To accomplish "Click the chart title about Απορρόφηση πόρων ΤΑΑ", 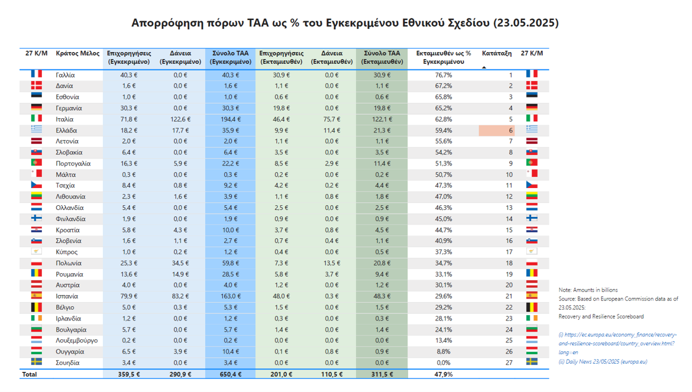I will [x=345, y=23].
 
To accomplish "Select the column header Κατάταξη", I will [x=496, y=53].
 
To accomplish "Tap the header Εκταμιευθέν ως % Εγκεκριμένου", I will [x=444, y=57].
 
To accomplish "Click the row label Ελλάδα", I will [x=66, y=130].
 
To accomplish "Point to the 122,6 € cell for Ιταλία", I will [x=180, y=119].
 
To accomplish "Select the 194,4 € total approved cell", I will [x=230, y=119].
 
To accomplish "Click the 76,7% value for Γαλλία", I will [x=443, y=75].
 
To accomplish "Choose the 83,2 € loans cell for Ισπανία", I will [x=180, y=296].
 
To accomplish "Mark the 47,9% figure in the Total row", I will [x=443, y=374].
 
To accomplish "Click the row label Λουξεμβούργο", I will [x=76, y=341].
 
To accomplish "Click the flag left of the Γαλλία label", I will [x=36, y=74].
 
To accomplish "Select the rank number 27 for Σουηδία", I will [x=509, y=362].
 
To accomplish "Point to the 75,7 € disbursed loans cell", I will [x=331, y=119].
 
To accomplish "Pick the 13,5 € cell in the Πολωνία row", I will [x=331, y=263].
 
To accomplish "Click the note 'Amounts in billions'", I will [x=588, y=290].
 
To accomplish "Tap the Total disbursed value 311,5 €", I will [x=381, y=374].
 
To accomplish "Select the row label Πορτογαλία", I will [x=73, y=163].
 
